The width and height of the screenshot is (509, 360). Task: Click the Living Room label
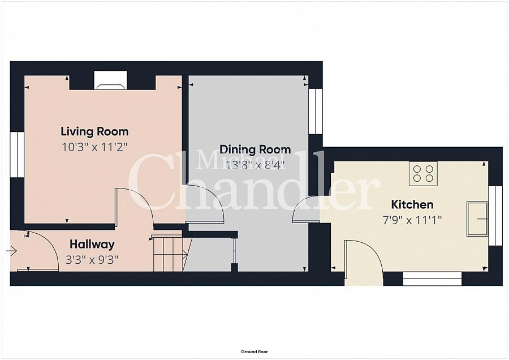94,131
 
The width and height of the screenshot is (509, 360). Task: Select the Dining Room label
255,149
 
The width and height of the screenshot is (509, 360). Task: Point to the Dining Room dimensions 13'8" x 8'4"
255,165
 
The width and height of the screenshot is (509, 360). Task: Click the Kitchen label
412,205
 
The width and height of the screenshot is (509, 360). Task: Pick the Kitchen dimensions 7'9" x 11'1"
412,220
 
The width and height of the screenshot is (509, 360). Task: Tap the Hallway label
92,245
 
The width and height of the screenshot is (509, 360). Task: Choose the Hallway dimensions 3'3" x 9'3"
92,260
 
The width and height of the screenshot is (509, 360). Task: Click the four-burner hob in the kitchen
423,174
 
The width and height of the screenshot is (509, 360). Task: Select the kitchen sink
477,218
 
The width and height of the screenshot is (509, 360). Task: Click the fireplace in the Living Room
110,80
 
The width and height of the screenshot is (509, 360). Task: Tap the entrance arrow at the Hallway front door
12,251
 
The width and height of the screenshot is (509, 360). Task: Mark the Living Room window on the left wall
17,155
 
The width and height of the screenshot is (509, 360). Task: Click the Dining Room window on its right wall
315,111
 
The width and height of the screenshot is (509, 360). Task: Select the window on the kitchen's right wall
495,216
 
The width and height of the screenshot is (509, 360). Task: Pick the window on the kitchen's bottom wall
432,278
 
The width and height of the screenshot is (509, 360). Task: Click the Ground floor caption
255,352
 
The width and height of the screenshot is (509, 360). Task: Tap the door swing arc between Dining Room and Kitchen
299,205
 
